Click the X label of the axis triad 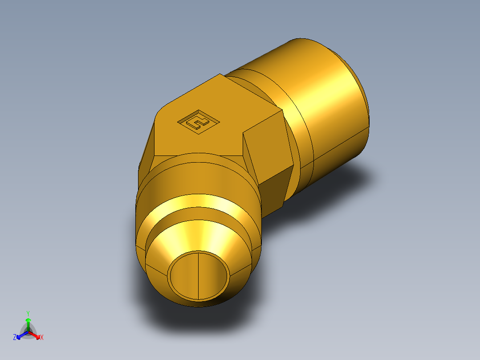(42, 338)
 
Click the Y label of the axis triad (28, 313)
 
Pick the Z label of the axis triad (15, 337)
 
